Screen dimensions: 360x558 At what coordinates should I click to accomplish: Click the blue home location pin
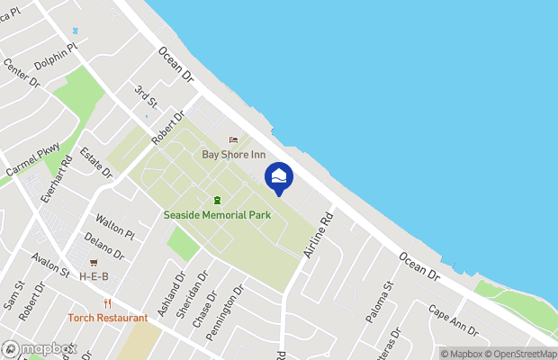(x=279, y=177)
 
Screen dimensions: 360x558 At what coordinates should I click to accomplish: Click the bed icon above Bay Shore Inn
(x=234, y=139)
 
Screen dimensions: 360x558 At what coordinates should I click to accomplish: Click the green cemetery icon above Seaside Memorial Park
(x=216, y=200)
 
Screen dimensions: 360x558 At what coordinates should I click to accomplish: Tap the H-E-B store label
(x=94, y=275)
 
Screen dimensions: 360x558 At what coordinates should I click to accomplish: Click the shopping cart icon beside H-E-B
(x=94, y=262)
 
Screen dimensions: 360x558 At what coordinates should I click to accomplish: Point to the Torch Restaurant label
(x=107, y=318)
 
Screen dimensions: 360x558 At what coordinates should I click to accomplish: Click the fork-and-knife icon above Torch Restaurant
(x=107, y=303)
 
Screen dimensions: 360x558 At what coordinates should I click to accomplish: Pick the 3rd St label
(x=146, y=95)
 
